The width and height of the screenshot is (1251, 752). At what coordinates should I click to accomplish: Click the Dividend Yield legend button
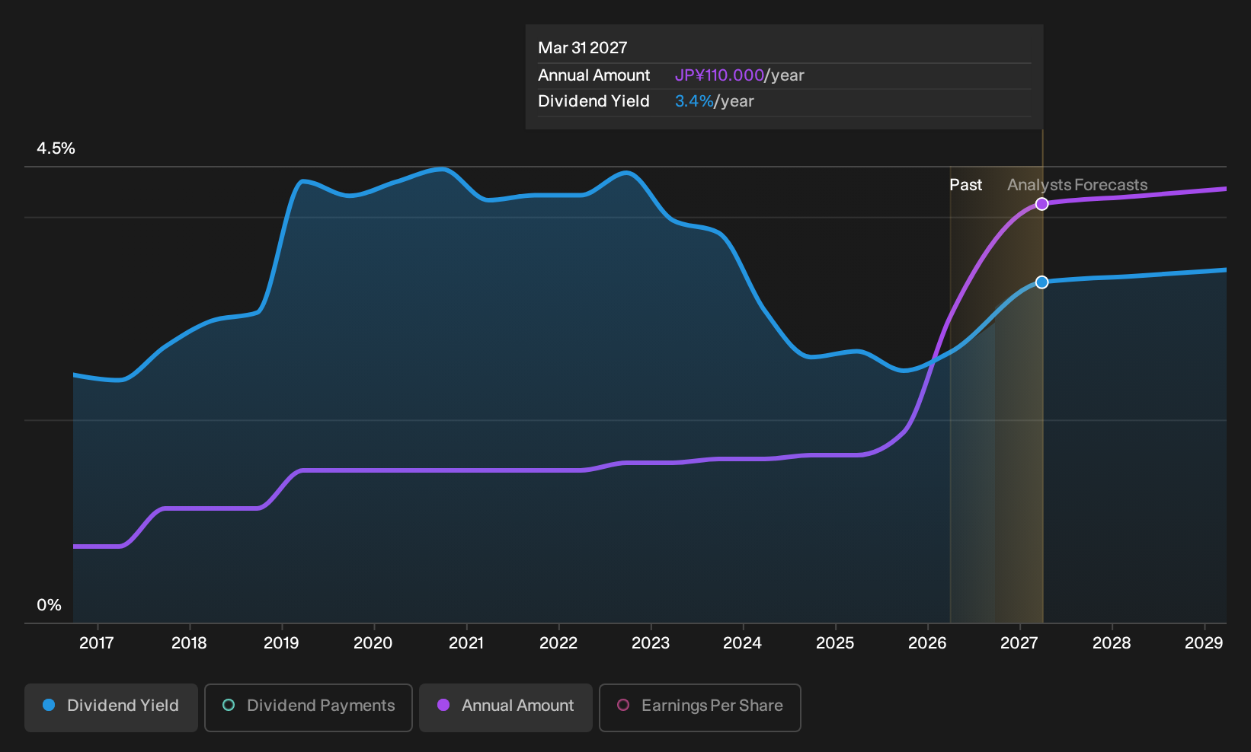(111, 707)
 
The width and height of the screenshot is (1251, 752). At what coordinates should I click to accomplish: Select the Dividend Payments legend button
(309, 707)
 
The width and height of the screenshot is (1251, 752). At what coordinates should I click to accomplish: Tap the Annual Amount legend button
(505, 707)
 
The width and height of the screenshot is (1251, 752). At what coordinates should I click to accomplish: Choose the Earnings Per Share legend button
(699, 707)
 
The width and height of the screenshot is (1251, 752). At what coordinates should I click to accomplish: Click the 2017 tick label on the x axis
(97, 643)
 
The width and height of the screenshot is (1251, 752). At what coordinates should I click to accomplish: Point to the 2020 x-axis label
(373, 643)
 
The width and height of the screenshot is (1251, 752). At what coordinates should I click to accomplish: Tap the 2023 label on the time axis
(651, 643)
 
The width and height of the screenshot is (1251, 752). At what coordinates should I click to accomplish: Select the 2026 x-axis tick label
(927, 643)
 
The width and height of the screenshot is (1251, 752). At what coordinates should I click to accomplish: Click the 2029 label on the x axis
(1204, 643)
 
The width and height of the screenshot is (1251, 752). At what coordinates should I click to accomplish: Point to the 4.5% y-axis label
(56, 148)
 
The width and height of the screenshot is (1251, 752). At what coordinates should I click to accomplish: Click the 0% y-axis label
(50, 605)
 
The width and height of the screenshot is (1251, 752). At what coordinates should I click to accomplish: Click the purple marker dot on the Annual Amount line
(1041, 204)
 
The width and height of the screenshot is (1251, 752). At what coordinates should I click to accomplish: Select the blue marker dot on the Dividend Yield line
(1041, 282)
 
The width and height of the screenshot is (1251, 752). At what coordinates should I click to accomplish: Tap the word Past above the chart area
(965, 185)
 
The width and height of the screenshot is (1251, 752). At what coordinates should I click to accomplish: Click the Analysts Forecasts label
(1077, 185)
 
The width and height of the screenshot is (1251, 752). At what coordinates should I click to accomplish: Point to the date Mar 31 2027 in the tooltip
(583, 48)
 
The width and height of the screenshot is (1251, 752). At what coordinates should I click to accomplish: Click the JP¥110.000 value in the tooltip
(719, 75)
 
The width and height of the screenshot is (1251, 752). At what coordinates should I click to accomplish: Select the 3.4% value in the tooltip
(694, 101)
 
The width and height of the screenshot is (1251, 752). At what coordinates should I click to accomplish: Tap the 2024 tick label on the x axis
(742, 643)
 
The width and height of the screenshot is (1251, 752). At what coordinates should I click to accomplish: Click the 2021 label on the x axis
(466, 643)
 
